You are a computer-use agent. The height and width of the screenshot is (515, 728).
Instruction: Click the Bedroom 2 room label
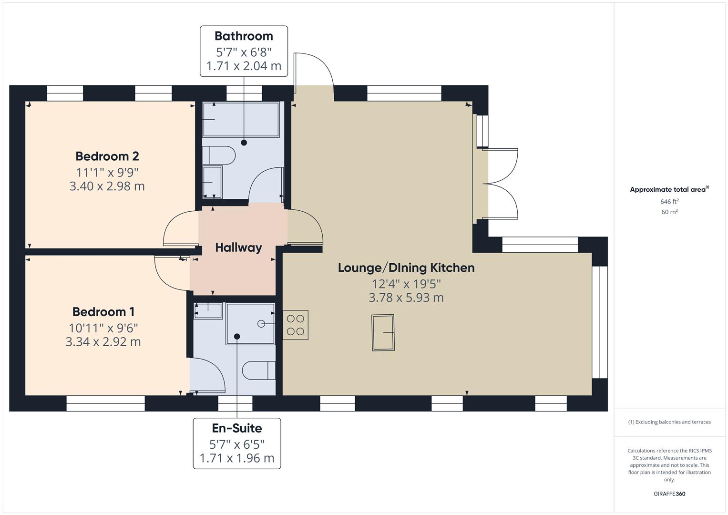pyautogui.click(x=107, y=156)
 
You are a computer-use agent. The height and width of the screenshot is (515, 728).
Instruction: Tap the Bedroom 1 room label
pyautogui.click(x=103, y=312)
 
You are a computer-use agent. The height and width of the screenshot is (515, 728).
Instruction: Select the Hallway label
pyautogui.click(x=238, y=247)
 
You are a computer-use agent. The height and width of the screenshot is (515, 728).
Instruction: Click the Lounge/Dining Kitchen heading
pyautogui.click(x=406, y=268)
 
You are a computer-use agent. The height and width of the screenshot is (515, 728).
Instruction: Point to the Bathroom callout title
pyautogui.click(x=244, y=36)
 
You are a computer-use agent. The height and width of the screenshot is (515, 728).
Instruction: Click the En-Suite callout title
pyautogui.click(x=237, y=428)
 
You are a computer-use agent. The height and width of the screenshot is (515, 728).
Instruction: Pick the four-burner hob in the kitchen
pyautogui.click(x=296, y=325)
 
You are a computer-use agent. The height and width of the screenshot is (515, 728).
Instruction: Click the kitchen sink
pyautogui.click(x=383, y=332)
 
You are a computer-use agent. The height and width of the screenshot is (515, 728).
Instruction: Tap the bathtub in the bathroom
pyautogui.click(x=241, y=120)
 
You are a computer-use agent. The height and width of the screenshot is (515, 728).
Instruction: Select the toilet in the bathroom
pyautogui.click(x=219, y=155)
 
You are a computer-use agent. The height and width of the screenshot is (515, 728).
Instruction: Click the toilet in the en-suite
pyautogui.click(x=259, y=371)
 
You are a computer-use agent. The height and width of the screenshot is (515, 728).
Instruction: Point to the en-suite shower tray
pyautogui.click(x=250, y=323)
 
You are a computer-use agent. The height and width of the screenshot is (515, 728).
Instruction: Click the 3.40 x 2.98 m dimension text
pyautogui.click(x=107, y=186)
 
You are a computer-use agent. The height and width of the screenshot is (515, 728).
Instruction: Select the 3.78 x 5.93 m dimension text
pyautogui.click(x=406, y=298)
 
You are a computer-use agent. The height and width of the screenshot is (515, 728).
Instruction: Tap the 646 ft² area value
pyautogui.click(x=669, y=202)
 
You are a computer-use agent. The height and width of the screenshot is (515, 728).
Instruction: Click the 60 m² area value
pyautogui.click(x=669, y=212)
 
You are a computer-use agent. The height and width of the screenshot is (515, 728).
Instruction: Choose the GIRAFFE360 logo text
pyautogui.click(x=669, y=494)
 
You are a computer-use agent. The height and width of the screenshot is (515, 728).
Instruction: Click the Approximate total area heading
pyautogui.click(x=669, y=189)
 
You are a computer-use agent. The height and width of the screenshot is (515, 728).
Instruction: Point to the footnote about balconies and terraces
pyautogui.click(x=669, y=422)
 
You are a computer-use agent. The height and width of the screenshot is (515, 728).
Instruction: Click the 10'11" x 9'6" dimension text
pyautogui.click(x=103, y=328)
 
